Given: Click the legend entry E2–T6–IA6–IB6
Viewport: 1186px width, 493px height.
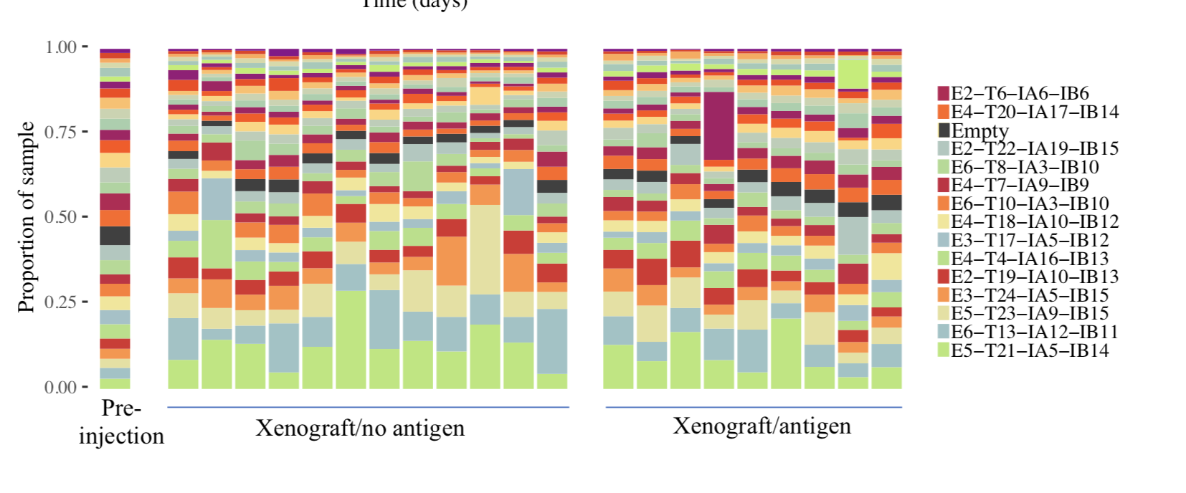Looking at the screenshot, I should coord(1019,93).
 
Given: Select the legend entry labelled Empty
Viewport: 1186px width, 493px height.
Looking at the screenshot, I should coord(979,130).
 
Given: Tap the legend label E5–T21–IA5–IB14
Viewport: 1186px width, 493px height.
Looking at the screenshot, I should coord(1029,350).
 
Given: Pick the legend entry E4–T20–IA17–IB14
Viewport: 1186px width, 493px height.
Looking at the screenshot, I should coord(1034,112).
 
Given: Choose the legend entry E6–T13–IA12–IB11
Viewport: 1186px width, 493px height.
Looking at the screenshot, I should coord(1034,332).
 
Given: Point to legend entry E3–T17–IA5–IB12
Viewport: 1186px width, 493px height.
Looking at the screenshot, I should coord(1029,240).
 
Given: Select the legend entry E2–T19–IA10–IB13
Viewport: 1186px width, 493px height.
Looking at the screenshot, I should coord(1034,277).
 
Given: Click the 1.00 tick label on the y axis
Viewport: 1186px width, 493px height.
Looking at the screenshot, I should coord(60,47).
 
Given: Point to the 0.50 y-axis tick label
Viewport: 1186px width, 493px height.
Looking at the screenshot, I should coord(60,217).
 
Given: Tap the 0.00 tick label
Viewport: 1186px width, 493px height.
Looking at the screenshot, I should coord(60,388).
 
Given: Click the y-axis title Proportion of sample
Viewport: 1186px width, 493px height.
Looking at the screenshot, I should coord(26,217).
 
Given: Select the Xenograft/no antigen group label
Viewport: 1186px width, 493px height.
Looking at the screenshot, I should coord(360,429).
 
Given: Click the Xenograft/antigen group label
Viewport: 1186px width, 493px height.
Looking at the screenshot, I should coord(762,426).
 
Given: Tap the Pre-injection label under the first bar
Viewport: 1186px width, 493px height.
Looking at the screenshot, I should coord(121,422).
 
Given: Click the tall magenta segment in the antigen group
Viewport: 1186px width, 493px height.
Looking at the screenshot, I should coord(718,126).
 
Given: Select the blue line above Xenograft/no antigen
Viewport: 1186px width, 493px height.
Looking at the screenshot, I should coord(368,407).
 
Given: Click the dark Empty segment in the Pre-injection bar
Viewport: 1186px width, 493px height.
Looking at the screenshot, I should coord(115,236).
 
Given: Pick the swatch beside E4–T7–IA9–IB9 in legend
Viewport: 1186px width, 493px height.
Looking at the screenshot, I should coord(944,186).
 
